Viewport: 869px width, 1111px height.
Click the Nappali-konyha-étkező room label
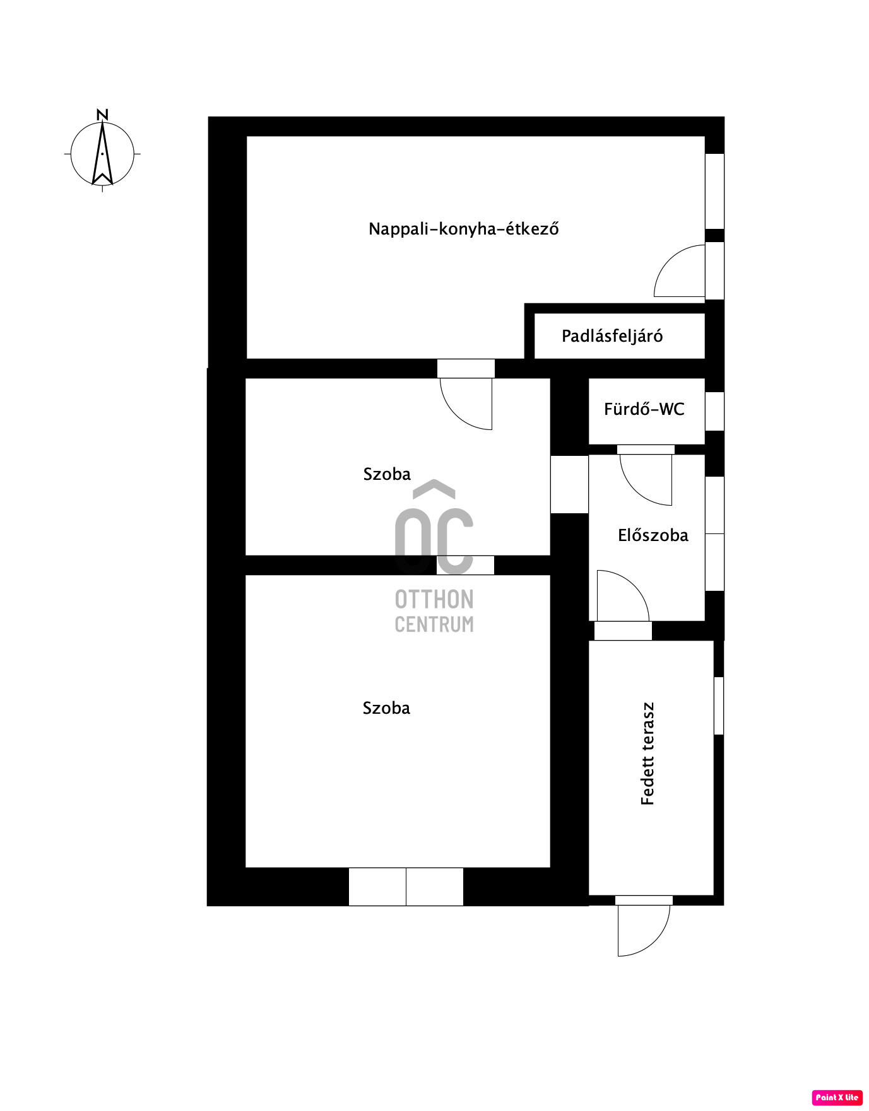pos(464,228)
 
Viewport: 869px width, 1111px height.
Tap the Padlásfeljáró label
pos(612,335)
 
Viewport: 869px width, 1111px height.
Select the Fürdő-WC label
pos(644,409)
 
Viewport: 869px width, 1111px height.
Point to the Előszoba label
pos(653,535)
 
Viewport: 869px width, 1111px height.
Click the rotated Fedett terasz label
pos(647,753)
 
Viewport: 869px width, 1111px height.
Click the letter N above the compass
pos(102,115)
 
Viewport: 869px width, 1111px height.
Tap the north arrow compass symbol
pos(102,154)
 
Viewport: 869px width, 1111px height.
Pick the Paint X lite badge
pos(837,1097)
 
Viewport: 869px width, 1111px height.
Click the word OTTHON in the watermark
pos(434,599)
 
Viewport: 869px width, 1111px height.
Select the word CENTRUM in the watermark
pos(434,624)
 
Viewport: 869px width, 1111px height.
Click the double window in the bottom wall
pos(406,887)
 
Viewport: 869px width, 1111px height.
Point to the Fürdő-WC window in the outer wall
pos(714,411)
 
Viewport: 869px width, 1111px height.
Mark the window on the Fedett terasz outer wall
pos(719,706)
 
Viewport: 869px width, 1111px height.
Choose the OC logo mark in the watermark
pos(434,526)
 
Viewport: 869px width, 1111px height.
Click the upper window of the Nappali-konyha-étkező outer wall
pos(714,191)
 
